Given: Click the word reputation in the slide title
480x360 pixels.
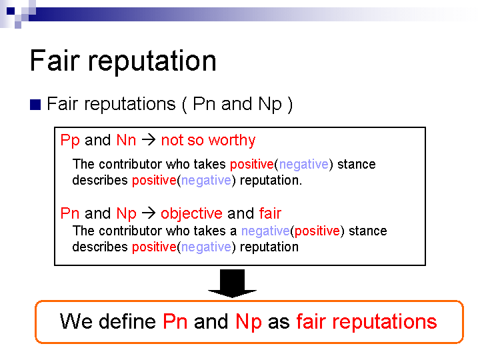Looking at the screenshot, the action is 152,62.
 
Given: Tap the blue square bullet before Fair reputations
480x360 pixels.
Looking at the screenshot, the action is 35,105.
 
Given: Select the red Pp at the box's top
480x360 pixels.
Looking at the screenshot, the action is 70,141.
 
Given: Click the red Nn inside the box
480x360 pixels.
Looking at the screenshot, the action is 126,140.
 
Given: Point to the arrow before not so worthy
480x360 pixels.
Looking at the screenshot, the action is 149,140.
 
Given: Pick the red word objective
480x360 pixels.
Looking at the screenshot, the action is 191,213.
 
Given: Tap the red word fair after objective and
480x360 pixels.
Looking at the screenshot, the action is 270,213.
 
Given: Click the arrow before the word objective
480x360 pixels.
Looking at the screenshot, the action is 149,213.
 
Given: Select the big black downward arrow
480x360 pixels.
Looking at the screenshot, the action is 233,283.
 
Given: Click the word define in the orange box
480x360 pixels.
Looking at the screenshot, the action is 127,321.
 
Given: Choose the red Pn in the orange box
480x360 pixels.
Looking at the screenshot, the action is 175,321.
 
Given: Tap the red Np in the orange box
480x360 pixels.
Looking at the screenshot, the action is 249,322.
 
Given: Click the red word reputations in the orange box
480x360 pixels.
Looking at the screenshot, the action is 385,323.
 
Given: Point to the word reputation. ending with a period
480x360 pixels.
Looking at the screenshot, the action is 271,181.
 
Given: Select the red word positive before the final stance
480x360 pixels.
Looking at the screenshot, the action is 317,231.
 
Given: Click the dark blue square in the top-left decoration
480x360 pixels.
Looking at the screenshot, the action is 11,11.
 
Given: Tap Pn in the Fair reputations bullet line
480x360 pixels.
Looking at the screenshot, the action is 204,104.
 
